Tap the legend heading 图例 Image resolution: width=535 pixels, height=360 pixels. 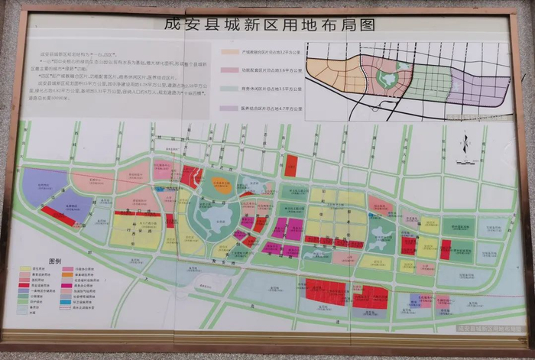click(x=55, y=261)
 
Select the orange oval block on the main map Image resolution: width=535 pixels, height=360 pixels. click(x=221, y=183)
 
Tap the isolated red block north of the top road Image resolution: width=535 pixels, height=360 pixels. click(x=291, y=165)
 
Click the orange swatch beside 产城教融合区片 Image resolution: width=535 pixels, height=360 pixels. click(x=229, y=54)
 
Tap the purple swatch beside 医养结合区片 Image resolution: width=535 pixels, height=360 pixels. click(x=229, y=109)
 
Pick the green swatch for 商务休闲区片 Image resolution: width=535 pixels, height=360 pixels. click(x=229, y=90)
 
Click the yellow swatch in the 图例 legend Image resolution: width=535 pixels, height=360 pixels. click(x=25, y=269)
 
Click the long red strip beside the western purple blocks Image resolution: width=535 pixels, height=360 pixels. click(x=58, y=216)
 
